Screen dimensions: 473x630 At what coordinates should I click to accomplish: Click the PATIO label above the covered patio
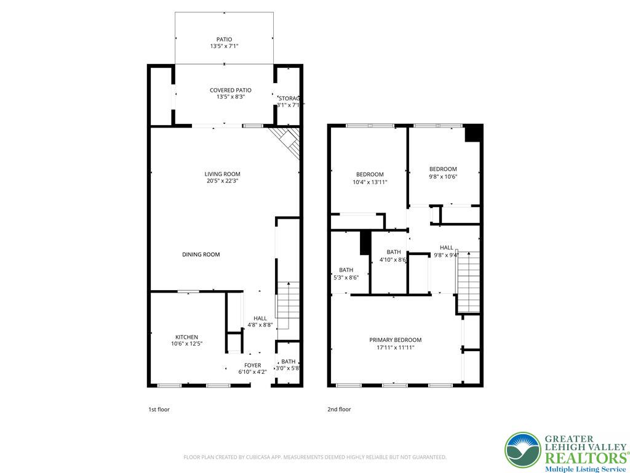pyautogui.click(x=224, y=39)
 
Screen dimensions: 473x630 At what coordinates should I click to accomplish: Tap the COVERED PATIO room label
pyautogui.click(x=230, y=91)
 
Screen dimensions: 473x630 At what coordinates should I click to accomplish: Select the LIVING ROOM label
pyautogui.click(x=223, y=174)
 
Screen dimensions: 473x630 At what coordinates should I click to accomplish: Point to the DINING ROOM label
pyautogui.click(x=201, y=254)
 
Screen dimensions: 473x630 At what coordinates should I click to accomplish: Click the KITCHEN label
pyautogui.click(x=186, y=337)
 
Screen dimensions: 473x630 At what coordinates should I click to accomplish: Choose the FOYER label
pyautogui.click(x=252, y=365)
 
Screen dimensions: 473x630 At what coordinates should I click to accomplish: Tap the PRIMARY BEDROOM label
pyautogui.click(x=395, y=340)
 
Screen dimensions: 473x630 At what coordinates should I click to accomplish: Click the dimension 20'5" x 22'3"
pyautogui.click(x=223, y=181)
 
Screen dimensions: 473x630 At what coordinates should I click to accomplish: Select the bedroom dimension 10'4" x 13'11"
pyautogui.click(x=370, y=182)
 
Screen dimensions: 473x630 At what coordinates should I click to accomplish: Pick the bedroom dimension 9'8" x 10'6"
pyautogui.click(x=443, y=176)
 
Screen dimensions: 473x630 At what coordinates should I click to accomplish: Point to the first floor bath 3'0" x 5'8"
pyautogui.click(x=288, y=365)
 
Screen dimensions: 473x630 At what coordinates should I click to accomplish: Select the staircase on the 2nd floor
pyautogui.click(x=468, y=280)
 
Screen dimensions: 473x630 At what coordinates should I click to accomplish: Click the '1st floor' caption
pyautogui.click(x=159, y=409)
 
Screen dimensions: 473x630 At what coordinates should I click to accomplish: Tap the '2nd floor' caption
pyautogui.click(x=339, y=409)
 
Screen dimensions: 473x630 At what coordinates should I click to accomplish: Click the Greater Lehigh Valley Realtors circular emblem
pyautogui.click(x=522, y=450)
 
